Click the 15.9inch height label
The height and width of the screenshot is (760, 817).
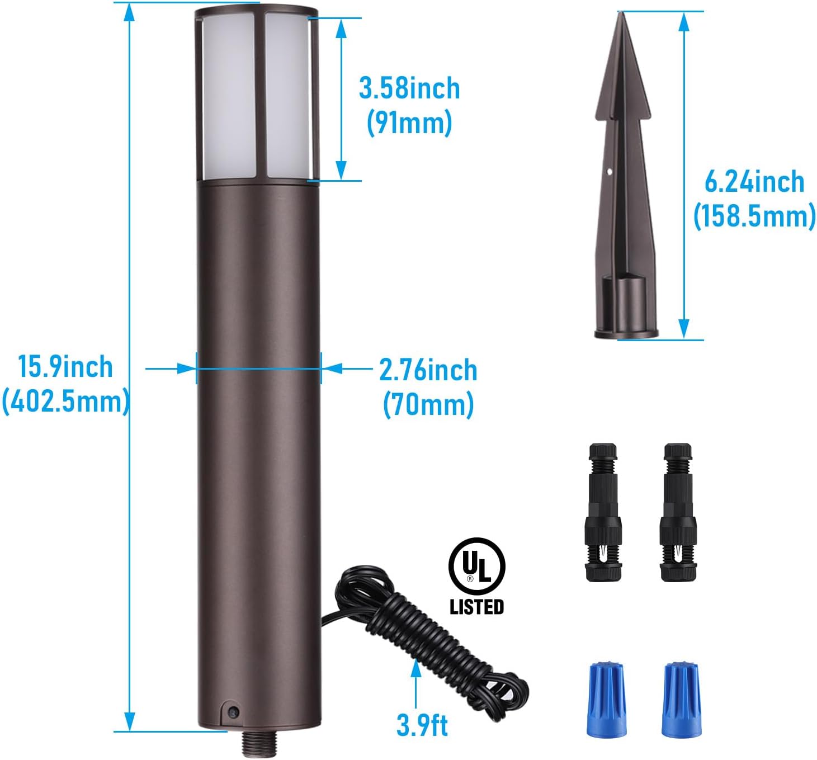click(65, 367)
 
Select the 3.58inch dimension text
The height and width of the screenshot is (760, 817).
click(409, 88)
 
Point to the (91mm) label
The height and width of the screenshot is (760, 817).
click(409, 122)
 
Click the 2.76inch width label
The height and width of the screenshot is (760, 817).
click(428, 370)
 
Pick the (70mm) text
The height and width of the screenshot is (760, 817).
click(428, 404)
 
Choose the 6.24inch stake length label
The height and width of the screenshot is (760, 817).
click(753, 182)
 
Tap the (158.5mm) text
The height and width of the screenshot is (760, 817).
click(754, 216)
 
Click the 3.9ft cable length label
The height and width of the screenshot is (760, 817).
click(422, 725)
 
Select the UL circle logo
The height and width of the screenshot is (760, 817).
click(476, 566)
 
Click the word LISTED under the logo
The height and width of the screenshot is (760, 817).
click(476, 607)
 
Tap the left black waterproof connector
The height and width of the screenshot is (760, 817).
click(603, 512)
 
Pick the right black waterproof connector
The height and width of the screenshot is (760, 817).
click(678, 512)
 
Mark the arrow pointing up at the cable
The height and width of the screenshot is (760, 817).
click(415, 679)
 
